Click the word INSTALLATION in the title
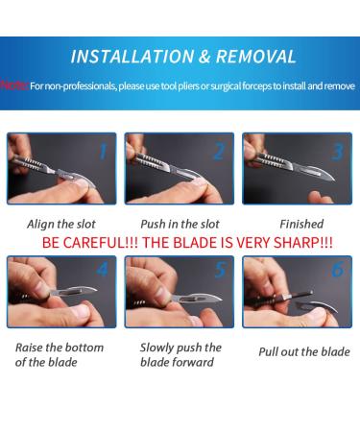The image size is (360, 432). pyautogui.click(x=132, y=57)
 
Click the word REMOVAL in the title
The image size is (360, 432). pyautogui.click(x=255, y=57)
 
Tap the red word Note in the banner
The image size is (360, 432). pyautogui.click(x=14, y=85)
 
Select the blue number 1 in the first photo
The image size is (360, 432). pyautogui.click(x=103, y=151)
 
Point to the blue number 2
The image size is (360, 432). pyautogui.click(x=219, y=152)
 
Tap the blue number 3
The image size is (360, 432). pyautogui.click(x=337, y=152)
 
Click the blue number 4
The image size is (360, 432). pyautogui.click(x=102, y=269)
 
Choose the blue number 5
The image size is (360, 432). pyautogui.click(x=221, y=269)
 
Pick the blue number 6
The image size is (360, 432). pyautogui.click(x=338, y=269)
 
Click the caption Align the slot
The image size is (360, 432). pyautogui.click(x=61, y=224)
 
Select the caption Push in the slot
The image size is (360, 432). pyautogui.click(x=180, y=224)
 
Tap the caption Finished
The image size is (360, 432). pyautogui.click(x=301, y=224)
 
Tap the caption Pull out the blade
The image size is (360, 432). pyautogui.click(x=304, y=352)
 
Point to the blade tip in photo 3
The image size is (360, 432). pyautogui.click(x=335, y=180)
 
